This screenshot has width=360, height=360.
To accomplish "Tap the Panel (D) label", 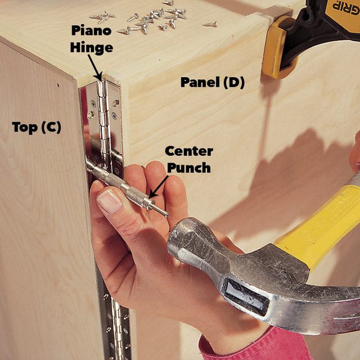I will [212, 82].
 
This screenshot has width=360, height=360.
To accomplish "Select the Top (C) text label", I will [36, 127].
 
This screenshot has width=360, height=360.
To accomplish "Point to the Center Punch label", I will [188, 159].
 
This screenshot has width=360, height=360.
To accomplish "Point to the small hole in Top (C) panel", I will [57, 85].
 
